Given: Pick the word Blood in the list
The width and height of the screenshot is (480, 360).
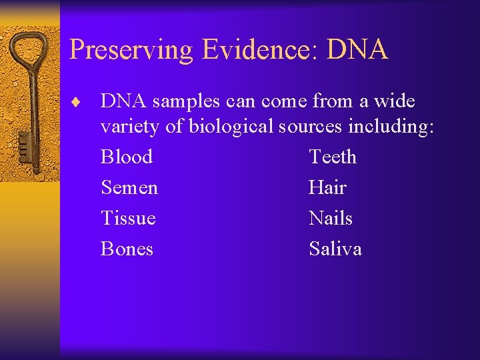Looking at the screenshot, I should point(127,157).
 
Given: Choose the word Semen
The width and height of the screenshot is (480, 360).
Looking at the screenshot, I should point(129,187).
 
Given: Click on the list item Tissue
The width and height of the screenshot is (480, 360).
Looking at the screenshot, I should point(128,218).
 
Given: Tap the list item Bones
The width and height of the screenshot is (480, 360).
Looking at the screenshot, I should point(127,249).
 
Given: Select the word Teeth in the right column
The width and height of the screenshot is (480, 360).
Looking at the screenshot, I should point(333,157).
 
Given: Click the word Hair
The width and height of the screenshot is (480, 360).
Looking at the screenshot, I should point(327,187).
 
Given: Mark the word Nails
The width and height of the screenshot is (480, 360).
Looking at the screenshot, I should point(331,218).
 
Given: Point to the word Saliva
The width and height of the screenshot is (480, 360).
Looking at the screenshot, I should point(335,249).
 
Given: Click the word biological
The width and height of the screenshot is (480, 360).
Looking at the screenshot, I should point(231,126).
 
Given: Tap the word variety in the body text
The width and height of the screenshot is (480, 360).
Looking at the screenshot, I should point(130,127).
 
